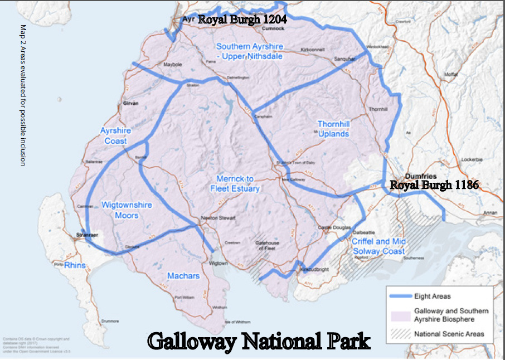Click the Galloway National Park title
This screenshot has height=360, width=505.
pos(259,340)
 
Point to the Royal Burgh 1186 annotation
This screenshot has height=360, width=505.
pos(434,185)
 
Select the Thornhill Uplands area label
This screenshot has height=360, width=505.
pos(333,129)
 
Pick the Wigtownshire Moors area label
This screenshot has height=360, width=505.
pos(127,210)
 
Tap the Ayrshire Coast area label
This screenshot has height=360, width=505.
pos(115,135)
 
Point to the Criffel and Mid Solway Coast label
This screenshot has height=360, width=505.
pos(379,246)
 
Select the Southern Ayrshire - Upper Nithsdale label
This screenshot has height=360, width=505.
pos(249,51)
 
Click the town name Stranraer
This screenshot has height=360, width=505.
pos(87,236)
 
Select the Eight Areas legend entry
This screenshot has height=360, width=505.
pos(433,296)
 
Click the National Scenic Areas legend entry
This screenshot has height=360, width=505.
pos(449,334)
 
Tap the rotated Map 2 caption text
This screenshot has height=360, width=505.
pos(23,95)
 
